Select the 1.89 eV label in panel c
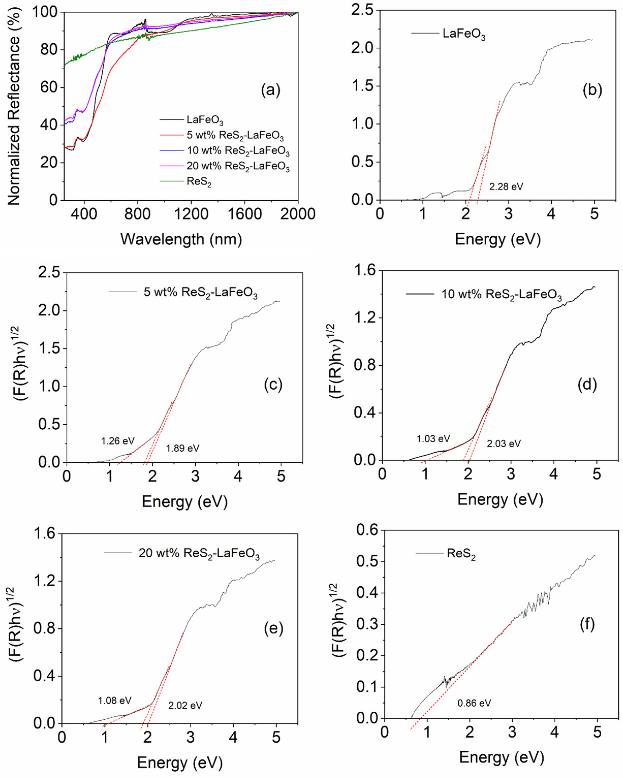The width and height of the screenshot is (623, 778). (182, 448)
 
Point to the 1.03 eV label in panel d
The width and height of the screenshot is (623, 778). (433, 439)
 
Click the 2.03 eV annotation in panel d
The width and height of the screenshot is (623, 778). (504, 444)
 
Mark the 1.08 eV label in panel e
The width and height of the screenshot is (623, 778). (115, 700)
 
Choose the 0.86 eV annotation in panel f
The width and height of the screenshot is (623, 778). (474, 703)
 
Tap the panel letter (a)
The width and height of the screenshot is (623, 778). (271, 90)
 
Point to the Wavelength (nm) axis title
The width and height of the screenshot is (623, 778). (181, 239)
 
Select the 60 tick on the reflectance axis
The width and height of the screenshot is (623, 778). (48, 87)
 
